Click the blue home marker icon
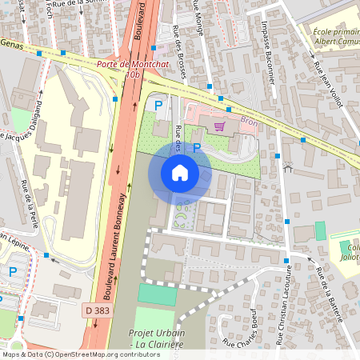click(x=180, y=172)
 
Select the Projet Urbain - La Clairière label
click(x=155, y=338)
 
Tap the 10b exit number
click(x=132, y=74)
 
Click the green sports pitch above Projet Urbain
click(x=156, y=295)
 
